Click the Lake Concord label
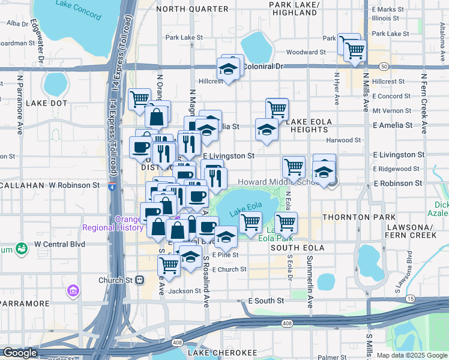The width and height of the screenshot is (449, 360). [x=78, y=10]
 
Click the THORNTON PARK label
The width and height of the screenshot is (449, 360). [x=359, y=217]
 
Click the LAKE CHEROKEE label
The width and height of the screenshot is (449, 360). [x=222, y=353]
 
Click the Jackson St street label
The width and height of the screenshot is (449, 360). [x=184, y=291]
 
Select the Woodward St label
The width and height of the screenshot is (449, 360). [x=306, y=52]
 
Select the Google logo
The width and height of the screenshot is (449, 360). [x=20, y=353]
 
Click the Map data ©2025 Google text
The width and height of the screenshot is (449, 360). [x=411, y=355]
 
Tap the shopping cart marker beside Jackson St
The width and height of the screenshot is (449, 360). [x=169, y=265]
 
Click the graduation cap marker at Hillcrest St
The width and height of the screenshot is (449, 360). [x=228, y=70]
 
